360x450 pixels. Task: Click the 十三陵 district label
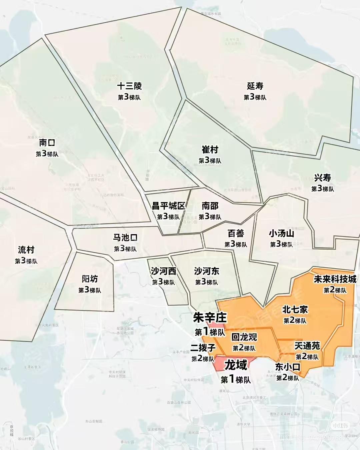(x=129, y=86)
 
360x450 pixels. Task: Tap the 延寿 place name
(x=255, y=86)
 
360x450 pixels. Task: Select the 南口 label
(x=47, y=143)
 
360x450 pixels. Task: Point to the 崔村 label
(x=210, y=149)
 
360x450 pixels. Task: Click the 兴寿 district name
(x=322, y=178)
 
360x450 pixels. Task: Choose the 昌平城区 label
(x=168, y=206)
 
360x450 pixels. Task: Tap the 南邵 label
(x=210, y=206)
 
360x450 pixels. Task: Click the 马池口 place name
(x=125, y=238)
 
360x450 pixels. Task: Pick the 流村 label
(x=26, y=250)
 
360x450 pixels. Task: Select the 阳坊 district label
(x=90, y=279)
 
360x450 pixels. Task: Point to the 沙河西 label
(x=163, y=271)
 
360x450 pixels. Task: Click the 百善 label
(x=236, y=233)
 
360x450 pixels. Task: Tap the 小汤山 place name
(x=281, y=233)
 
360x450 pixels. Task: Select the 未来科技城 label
(x=335, y=279)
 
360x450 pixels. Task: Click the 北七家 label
(x=295, y=309)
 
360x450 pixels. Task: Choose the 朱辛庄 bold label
(x=210, y=318)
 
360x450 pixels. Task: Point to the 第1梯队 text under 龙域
(x=236, y=379)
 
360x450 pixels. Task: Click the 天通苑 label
(x=307, y=346)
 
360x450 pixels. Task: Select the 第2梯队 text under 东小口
(x=288, y=378)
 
